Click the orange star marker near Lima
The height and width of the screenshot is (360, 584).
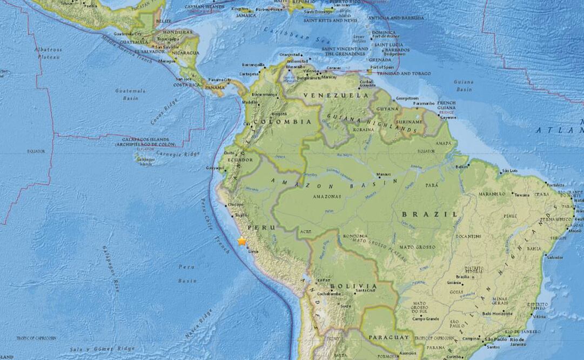coord(241,241)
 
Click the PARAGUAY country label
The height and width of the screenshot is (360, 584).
coord(389,337)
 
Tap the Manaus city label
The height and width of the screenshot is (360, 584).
coord(384,175)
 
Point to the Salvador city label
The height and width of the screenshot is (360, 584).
coord(555,257)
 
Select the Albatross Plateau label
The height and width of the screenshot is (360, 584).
coord(48,52)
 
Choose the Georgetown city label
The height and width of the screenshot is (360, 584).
coord(407,99)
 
